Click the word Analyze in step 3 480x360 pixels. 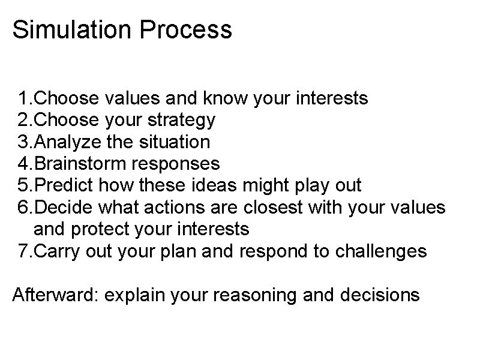coord(61,142)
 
